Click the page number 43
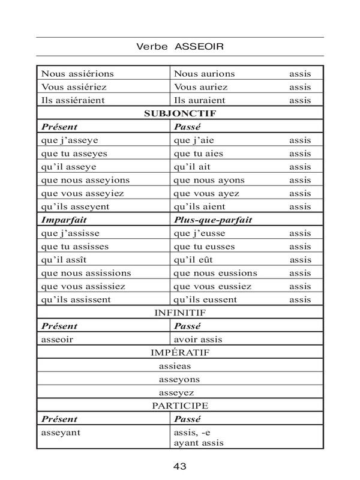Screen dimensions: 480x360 pos(180,465)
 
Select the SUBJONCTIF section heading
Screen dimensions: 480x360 pos(180,113)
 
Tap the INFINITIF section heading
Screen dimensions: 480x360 pos(180,313)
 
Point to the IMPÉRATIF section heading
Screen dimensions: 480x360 pos(180,352)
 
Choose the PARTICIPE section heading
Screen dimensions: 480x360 pos(180,406)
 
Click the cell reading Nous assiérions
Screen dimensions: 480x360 pos(77,73)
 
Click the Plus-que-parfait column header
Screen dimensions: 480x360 pos(212,220)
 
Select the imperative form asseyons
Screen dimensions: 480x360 pos(179,379)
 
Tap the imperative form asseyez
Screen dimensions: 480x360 pos(178,392)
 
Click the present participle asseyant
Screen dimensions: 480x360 pos(61,432)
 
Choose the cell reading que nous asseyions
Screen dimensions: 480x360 pos(85,180)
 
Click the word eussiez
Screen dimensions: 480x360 pos(235,286)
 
